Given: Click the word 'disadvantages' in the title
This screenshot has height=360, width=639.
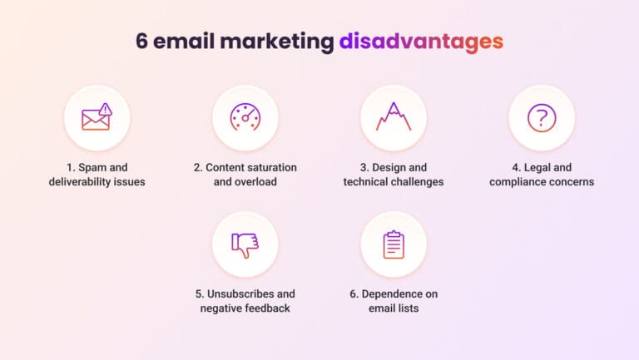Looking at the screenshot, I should (420, 41).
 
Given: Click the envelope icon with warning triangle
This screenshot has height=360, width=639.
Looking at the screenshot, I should (97, 118).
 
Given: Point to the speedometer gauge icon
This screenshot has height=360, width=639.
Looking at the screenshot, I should (245, 118).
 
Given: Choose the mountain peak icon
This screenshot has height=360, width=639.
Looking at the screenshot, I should (393, 118).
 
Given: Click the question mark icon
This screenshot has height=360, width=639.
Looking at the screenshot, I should (541, 118).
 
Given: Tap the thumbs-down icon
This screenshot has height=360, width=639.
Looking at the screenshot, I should (245, 244).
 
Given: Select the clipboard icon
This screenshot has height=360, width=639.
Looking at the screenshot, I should (393, 244).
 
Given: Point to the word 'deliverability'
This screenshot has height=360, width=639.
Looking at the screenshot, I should (82, 181).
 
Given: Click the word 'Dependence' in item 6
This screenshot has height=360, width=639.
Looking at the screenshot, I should (397, 293).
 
